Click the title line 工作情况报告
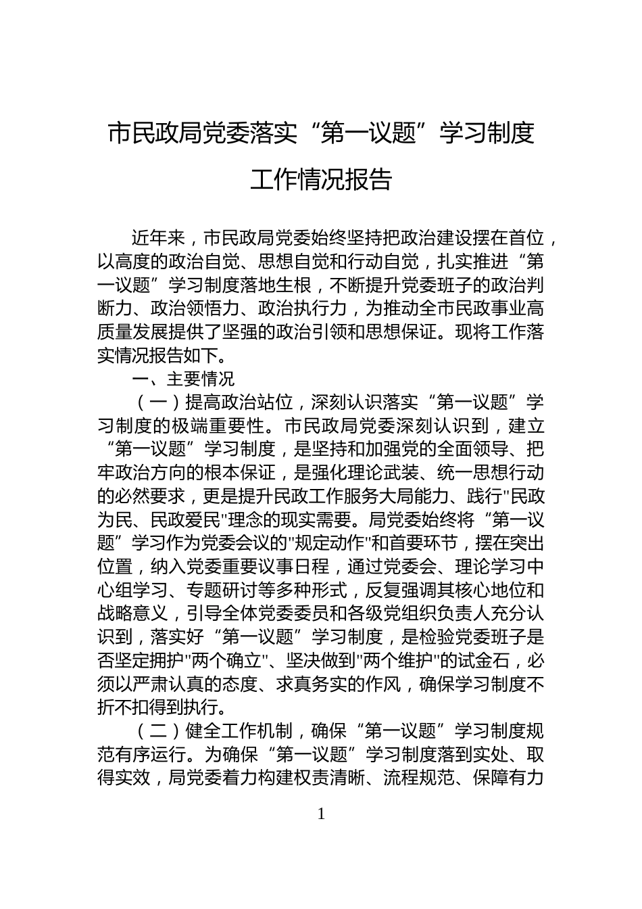[x=321, y=180]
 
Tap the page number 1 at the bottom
[x=321, y=814]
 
